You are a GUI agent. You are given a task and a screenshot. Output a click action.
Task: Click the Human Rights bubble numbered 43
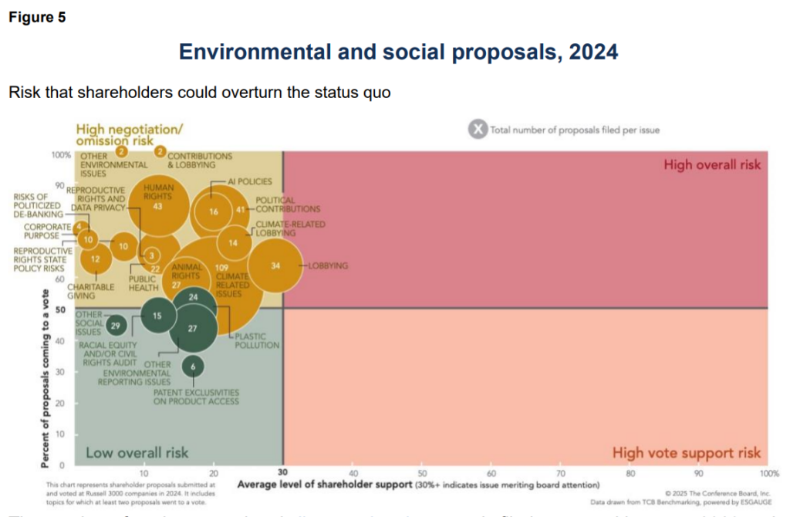[157, 206]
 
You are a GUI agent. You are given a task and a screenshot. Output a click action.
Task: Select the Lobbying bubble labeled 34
[275, 265]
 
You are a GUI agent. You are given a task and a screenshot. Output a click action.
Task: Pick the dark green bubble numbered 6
[193, 367]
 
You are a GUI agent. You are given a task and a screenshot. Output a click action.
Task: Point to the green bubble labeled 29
[116, 325]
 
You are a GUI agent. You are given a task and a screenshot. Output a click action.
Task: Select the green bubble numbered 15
[157, 316]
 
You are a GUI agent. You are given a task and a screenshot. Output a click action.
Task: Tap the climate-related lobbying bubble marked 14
[233, 243]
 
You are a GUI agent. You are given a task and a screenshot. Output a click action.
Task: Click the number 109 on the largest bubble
[221, 267]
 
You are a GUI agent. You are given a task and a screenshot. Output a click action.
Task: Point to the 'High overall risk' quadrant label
[711, 164]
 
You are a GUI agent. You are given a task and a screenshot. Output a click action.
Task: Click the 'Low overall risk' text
[137, 452]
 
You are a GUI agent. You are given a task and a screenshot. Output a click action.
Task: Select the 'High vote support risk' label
[686, 453]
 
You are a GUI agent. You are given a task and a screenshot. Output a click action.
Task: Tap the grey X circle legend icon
[478, 130]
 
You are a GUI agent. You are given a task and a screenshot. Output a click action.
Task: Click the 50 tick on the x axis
[422, 473]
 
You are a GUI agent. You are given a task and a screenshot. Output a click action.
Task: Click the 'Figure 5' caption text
[37, 18]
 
